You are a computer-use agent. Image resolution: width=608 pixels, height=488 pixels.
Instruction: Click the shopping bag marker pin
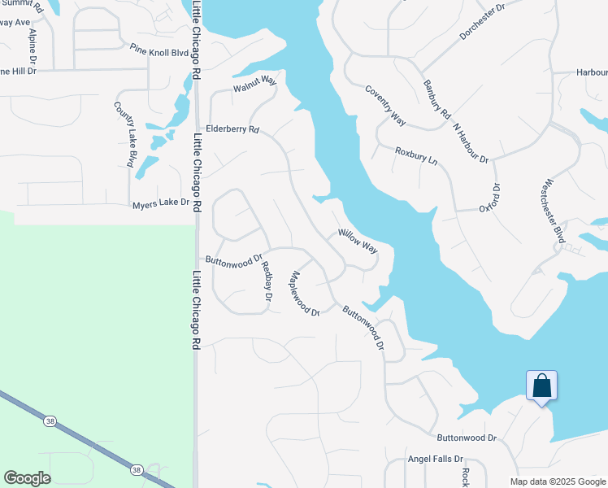tap(541, 386)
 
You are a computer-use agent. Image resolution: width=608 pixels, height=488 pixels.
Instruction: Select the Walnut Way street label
tap(255, 83)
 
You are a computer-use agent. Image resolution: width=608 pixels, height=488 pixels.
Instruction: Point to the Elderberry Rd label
tap(232, 129)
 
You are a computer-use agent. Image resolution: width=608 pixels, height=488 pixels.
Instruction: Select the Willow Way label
tap(358, 240)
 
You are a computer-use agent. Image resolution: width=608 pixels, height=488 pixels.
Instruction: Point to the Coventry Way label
tap(385, 106)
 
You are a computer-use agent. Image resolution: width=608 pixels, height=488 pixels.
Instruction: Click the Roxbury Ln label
tap(416, 156)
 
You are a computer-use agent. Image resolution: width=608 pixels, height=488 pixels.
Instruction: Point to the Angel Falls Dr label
tap(435, 459)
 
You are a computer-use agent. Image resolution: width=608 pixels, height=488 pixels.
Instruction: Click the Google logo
tap(27, 478)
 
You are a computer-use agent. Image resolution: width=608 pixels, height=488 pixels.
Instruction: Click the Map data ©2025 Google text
tap(556, 481)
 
